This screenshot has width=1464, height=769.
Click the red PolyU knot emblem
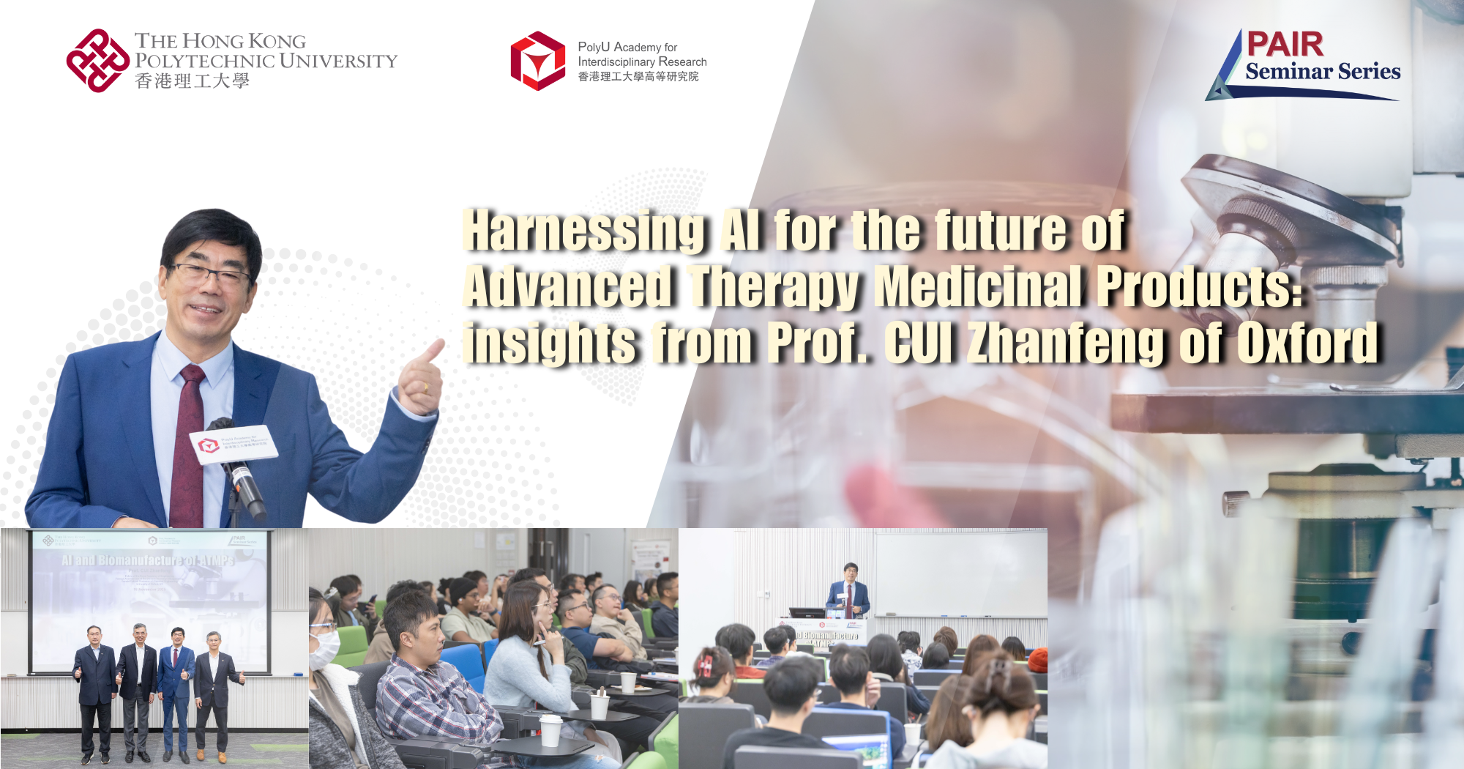(97, 61)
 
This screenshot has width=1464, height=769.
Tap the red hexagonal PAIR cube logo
(538, 61)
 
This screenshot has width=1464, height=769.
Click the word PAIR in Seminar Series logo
(1285, 45)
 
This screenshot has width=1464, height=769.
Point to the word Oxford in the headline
(1307, 343)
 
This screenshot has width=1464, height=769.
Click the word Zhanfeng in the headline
(1065, 343)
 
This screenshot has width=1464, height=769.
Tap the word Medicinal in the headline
(978, 287)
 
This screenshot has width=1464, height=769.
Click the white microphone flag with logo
(234, 444)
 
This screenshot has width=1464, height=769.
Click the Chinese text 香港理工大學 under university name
(193, 81)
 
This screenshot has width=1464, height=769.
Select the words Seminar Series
(1323, 72)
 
